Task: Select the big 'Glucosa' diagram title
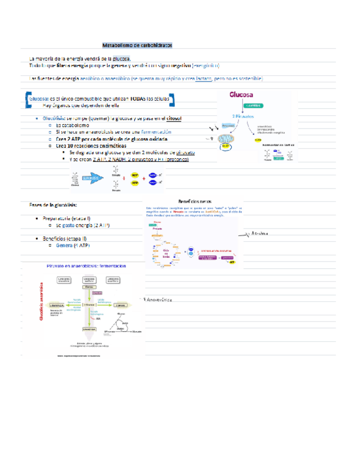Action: click(x=242, y=95)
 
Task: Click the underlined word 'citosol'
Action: click(x=174, y=118)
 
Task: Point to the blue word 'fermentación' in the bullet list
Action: click(x=159, y=132)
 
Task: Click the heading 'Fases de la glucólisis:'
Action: click(x=53, y=204)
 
